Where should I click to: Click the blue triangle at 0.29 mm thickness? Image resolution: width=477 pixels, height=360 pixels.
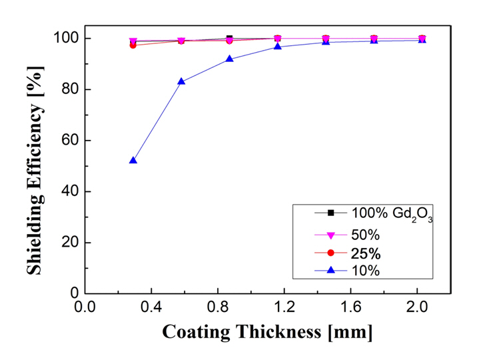coord(133,161)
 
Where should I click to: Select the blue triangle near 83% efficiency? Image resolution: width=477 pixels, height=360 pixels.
coord(181,81)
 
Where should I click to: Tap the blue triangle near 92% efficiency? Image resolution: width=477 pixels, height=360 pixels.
coord(229,59)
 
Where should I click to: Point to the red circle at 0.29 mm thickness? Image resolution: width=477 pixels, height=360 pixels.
coord(133,45)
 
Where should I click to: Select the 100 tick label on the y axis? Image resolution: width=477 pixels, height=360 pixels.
coord(64,38)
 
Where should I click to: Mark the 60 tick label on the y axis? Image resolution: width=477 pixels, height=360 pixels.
coord(69,141)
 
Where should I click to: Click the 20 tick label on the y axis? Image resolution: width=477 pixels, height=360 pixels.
coord(69,243)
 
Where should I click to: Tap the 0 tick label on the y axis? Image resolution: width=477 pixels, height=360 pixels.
coord(73,293)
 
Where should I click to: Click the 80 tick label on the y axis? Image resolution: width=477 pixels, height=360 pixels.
coord(69,89)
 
